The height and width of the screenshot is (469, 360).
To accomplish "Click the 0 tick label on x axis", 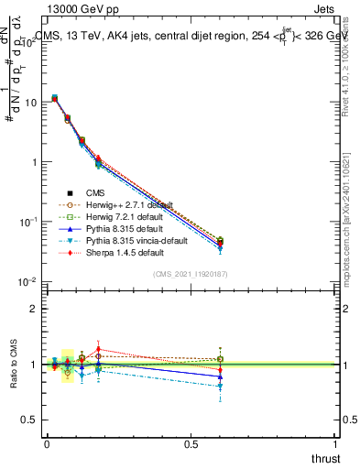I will (x=46, y=444).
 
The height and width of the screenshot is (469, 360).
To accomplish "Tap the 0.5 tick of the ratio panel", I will (x=32, y=420).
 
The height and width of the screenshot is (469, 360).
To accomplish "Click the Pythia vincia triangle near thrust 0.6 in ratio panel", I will (x=220, y=387).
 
